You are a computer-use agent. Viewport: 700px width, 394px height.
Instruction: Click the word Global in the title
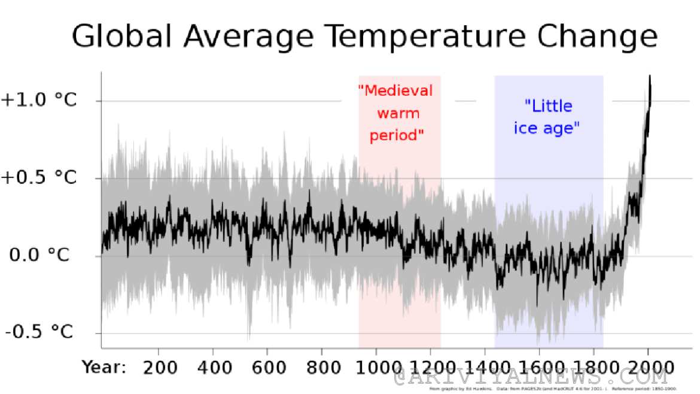122,37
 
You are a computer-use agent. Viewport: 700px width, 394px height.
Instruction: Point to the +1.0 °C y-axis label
39,100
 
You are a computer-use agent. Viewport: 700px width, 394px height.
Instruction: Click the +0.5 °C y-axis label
39,178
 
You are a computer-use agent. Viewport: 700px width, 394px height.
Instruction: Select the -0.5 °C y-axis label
39,332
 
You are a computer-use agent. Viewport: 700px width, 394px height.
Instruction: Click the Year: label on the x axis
104,366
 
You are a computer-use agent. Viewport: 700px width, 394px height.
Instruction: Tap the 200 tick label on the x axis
160,366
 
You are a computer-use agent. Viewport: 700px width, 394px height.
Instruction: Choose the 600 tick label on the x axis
268,366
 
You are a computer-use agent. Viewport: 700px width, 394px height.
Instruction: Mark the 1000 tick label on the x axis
376,366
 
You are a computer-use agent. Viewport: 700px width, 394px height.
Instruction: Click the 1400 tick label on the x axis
485,366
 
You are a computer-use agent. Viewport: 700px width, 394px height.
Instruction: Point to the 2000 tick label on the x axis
649,366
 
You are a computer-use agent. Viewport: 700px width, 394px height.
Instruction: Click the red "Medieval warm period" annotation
396,113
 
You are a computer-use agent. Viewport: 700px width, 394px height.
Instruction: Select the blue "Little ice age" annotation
548,117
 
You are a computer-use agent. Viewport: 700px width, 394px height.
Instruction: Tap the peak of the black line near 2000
650,76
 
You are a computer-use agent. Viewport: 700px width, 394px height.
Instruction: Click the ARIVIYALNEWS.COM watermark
530,378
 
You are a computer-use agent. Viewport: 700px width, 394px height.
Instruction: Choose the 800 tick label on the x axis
322,366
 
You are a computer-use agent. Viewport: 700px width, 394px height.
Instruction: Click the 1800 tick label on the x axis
594,366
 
